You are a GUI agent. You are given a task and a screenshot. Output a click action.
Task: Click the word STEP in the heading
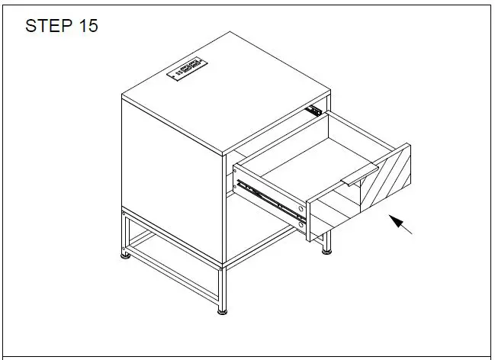(x=48, y=25)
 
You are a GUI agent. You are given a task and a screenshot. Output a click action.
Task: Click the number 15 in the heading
(x=86, y=25)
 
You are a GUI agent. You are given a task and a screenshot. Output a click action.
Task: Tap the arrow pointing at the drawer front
(x=402, y=225)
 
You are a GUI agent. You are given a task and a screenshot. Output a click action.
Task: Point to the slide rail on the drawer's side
(x=268, y=196)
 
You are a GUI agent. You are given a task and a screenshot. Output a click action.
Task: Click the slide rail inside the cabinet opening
(x=311, y=109)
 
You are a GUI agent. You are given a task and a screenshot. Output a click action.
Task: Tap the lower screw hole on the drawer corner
(x=304, y=223)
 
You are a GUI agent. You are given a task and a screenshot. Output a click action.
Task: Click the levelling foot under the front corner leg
(x=222, y=310)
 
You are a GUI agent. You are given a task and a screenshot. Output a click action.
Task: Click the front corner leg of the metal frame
(x=222, y=286)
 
